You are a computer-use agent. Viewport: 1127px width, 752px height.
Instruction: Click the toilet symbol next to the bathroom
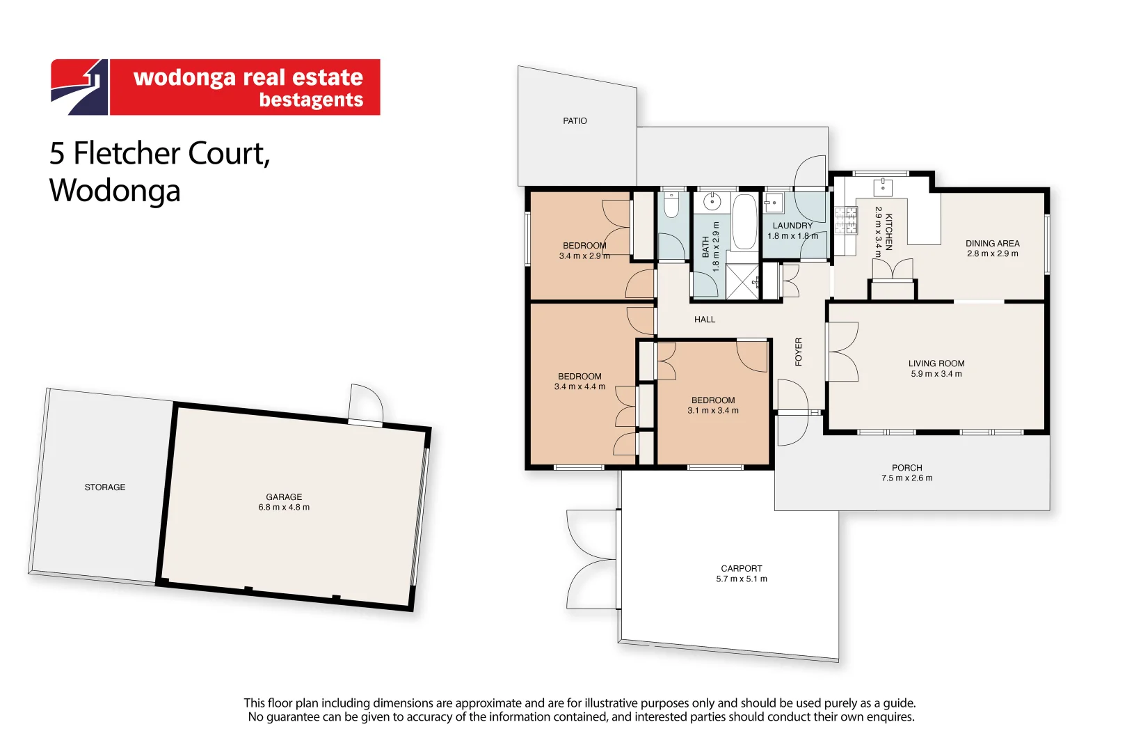[671, 207]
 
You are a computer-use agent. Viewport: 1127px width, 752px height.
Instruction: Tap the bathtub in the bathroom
[744, 221]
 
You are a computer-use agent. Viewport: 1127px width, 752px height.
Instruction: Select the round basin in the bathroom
[712, 203]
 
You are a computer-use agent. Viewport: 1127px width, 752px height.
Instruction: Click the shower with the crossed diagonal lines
[743, 282]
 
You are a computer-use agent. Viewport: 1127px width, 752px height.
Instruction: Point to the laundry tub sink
[773, 203]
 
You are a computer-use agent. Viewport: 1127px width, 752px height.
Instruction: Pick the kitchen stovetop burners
[845, 221]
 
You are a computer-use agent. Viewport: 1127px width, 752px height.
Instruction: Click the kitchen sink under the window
[883, 187]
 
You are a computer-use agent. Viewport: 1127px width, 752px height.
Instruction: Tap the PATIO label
[575, 121]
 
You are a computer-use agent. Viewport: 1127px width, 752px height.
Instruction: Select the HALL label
[704, 320]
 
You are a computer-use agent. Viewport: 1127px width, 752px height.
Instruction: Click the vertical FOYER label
[799, 352]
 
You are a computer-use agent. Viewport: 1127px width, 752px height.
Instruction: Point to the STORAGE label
[105, 487]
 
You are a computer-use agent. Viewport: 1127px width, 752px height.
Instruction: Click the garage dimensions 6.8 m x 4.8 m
[284, 508]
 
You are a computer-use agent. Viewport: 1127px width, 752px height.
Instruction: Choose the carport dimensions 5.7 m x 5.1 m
[742, 579]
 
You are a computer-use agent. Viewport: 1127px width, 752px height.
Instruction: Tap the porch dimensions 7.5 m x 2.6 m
[906, 478]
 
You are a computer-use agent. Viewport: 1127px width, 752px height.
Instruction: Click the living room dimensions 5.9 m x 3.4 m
[936, 374]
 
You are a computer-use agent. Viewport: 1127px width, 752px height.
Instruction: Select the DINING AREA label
[992, 244]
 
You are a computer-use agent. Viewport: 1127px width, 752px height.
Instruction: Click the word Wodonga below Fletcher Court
[115, 191]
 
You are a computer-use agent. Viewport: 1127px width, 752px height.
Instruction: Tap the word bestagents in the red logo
[311, 100]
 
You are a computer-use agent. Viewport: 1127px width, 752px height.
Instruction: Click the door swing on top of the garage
[367, 402]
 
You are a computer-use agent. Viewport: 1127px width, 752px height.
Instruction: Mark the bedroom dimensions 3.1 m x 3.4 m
[713, 411]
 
